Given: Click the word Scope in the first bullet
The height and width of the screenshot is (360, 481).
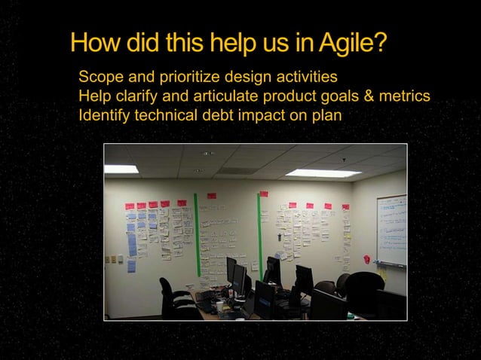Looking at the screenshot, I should [x=100, y=78].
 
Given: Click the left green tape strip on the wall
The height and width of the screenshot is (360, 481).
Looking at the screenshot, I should [x=197, y=233].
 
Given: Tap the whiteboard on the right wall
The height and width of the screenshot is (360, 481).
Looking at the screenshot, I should [x=391, y=230].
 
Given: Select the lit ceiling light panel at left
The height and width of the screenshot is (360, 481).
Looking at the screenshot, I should [x=121, y=169].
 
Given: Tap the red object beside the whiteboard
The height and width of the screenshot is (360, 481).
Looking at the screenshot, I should [x=366, y=258].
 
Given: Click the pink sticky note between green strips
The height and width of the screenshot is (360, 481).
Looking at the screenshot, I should [x=212, y=196].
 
